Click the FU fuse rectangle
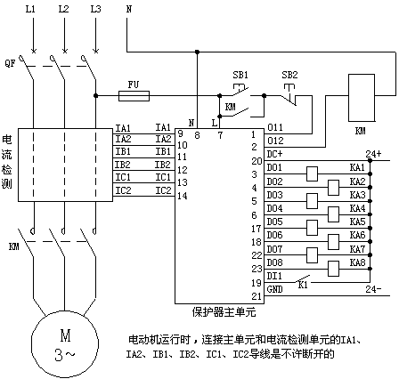tap(134, 96)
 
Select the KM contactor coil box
tap(362, 98)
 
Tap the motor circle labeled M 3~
tap(65, 344)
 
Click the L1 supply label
tap(30, 10)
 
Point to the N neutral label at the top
tap(129, 9)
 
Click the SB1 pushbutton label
tap(240, 75)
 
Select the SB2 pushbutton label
tap(289, 75)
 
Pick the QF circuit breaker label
tap(10, 63)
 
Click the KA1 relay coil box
tap(312, 173)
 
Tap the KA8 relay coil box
tap(333, 269)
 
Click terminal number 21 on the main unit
tap(256, 296)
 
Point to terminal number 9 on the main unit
tap(180, 133)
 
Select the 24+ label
tap(373, 154)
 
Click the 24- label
tap(373, 289)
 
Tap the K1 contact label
tap(303, 286)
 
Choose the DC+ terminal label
tap(274, 154)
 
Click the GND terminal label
tap(274, 289)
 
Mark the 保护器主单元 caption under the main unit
tap(224, 312)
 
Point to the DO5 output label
tap(274, 222)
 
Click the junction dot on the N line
tap(197, 52)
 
